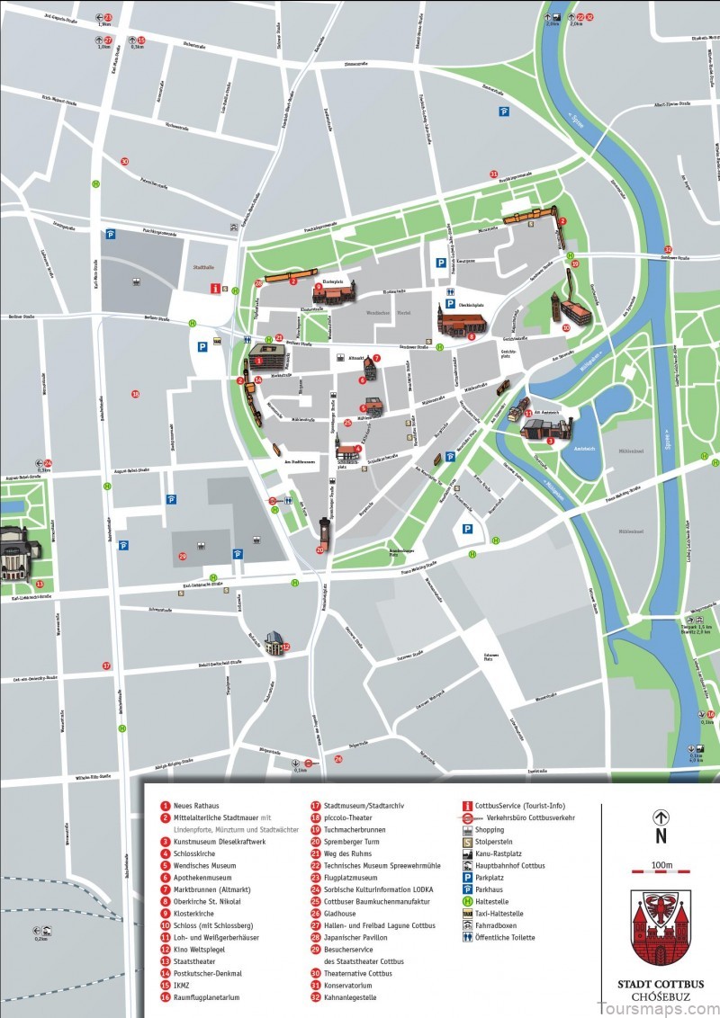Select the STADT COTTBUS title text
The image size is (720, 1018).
[661, 984]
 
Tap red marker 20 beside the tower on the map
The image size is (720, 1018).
[319, 549]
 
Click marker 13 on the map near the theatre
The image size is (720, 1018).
[39, 584]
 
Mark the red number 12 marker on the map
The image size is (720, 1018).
[286, 647]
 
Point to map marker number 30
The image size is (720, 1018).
[124, 162]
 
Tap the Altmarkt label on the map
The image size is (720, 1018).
[355, 357]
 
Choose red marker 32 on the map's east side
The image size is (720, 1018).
[667, 249]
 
